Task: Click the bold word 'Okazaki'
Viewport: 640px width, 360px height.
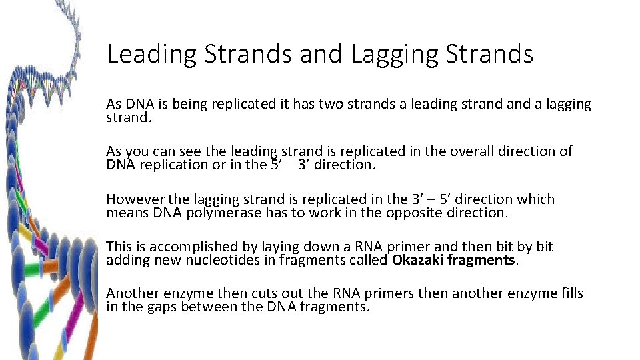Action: click(417, 260)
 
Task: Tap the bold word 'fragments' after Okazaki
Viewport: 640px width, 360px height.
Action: click(481, 260)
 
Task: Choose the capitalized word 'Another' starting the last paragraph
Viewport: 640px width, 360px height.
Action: click(132, 293)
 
